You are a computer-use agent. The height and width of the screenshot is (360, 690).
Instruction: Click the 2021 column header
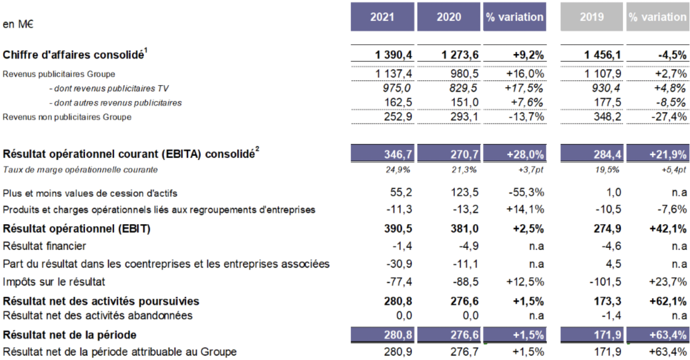382,17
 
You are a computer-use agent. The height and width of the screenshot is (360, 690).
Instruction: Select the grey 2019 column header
591,17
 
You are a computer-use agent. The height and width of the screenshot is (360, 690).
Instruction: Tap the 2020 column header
449,17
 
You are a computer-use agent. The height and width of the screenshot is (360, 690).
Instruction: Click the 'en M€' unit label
18,24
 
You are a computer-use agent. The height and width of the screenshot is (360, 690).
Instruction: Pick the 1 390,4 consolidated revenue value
393,55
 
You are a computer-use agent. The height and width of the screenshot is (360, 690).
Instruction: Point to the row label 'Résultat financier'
44,246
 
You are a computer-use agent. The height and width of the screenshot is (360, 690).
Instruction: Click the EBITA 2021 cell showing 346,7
398,154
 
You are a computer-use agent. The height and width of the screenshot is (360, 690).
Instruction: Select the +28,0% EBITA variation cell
525,154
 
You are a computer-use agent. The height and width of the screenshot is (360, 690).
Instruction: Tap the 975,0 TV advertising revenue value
396,88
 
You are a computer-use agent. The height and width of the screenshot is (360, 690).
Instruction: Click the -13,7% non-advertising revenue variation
526,117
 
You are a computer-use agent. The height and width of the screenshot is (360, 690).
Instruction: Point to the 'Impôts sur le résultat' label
54,282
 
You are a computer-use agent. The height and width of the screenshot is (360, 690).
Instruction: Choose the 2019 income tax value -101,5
605,282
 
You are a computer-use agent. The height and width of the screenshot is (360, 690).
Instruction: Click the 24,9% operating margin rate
398,170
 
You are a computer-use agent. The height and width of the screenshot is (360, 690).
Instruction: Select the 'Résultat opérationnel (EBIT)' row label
77,229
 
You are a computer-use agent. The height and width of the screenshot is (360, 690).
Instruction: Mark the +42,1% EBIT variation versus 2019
668,229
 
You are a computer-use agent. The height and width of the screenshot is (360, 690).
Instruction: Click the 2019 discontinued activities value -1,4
611,316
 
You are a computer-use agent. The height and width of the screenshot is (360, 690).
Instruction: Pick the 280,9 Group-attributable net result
398,352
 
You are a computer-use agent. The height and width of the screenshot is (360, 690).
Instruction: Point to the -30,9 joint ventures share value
399,264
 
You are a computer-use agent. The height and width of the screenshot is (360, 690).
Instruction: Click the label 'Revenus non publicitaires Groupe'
67,117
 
